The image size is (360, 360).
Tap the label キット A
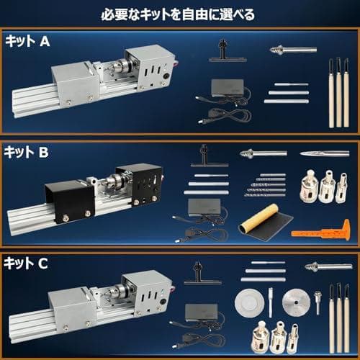[x=27, y=42]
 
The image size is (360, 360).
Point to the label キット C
[x=27, y=264]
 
